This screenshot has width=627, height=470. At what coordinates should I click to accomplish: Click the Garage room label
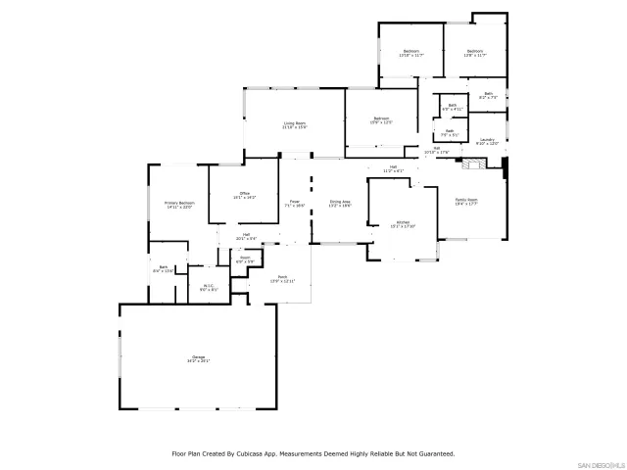point(199,359)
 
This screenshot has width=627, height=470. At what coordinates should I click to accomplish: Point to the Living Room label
point(295,125)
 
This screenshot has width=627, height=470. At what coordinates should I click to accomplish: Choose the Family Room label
point(466,202)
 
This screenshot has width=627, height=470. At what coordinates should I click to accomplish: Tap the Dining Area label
point(340,203)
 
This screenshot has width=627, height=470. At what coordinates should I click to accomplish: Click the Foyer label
point(295,203)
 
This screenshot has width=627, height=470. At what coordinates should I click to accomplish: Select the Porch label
point(282,279)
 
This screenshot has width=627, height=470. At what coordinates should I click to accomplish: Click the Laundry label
point(487,142)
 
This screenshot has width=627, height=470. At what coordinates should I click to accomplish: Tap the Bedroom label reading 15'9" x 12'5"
point(381,120)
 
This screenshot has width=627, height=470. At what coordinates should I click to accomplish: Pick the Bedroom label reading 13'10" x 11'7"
point(411,53)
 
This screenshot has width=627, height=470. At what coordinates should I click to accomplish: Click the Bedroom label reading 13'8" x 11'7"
point(475,53)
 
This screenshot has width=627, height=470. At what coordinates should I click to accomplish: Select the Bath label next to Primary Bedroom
point(164,269)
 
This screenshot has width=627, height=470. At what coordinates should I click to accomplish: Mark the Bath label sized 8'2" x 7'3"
point(489,96)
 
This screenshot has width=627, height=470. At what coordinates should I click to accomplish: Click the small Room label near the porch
point(245,260)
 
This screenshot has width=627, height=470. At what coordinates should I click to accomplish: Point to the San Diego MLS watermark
point(600,463)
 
